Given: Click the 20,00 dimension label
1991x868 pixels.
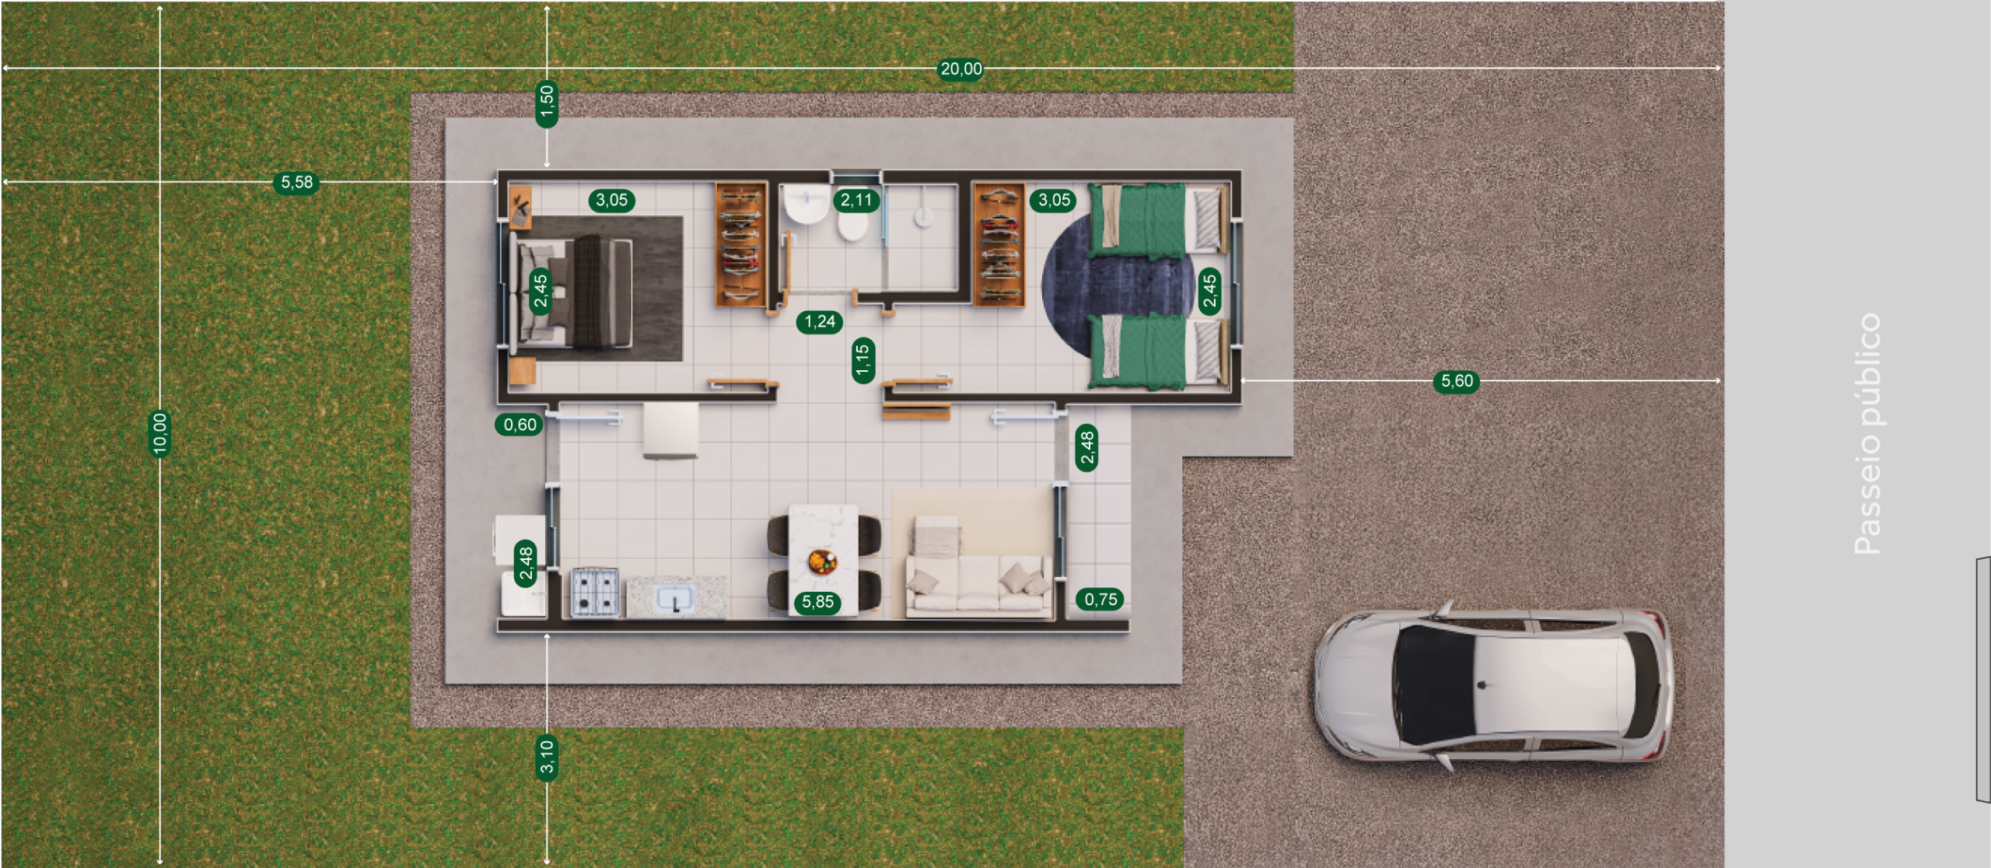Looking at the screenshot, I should click(x=961, y=69).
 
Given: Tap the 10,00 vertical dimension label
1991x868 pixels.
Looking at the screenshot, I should click(x=159, y=433).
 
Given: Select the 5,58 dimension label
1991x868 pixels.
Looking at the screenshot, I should click(x=296, y=183).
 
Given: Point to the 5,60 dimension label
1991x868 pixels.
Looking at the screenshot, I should click(x=1456, y=381).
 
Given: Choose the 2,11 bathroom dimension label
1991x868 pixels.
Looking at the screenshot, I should click(x=856, y=201).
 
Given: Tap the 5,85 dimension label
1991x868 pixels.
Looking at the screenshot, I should click(x=817, y=602).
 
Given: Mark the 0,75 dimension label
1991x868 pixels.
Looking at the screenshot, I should click(x=1100, y=600).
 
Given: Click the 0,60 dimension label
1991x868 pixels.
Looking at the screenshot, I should click(x=520, y=425).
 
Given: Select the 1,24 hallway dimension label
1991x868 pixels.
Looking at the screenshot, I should click(x=820, y=322).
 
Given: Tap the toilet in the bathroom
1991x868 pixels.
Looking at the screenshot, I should click(x=853, y=226).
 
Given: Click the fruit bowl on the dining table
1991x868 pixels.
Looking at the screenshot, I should click(x=822, y=561).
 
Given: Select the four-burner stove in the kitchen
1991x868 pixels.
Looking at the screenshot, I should click(x=595, y=592).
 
